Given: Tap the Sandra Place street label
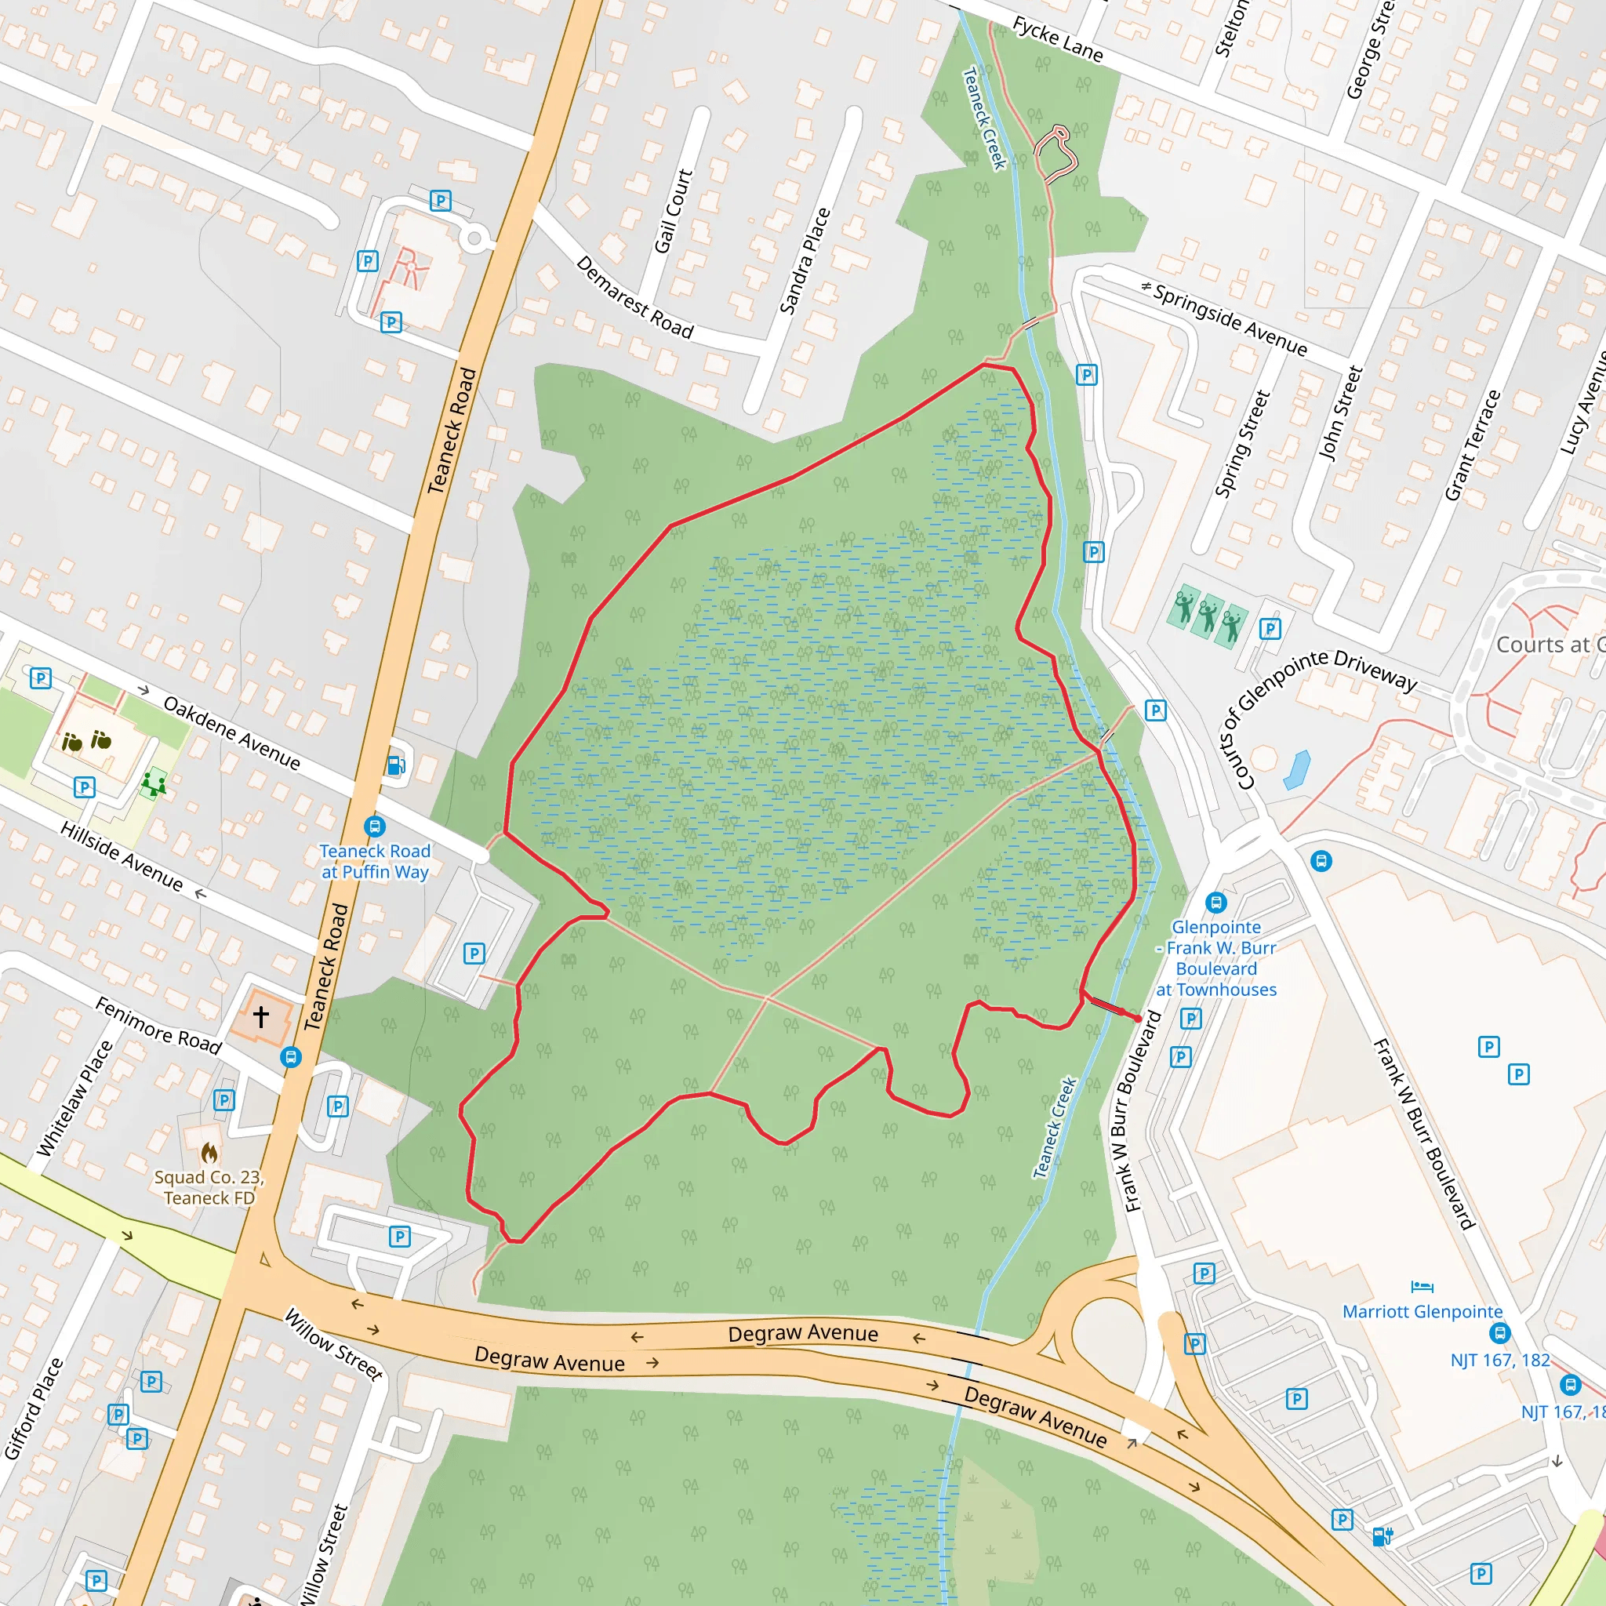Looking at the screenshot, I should [x=805, y=261].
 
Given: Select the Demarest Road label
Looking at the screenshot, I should [x=635, y=297].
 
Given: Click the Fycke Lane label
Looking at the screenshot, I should [x=1057, y=40].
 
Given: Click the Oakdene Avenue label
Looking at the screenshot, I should [x=232, y=732].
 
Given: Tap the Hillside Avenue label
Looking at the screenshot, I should [x=122, y=856].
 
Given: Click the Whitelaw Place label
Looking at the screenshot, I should [x=74, y=1098].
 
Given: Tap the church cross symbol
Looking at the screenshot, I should [x=261, y=1016].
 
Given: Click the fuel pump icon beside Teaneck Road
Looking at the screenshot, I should [x=397, y=765].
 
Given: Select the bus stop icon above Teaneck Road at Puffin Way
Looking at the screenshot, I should [x=375, y=827].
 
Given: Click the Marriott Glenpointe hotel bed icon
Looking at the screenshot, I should [x=1423, y=1288].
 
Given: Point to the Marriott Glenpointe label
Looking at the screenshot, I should [x=1423, y=1312].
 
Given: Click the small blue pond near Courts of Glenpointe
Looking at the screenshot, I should [x=1297, y=769].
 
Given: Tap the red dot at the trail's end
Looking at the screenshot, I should [x=1138, y=1019].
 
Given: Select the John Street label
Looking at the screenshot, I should [x=1341, y=413].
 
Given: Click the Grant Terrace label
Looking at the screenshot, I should [x=1472, y=445].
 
